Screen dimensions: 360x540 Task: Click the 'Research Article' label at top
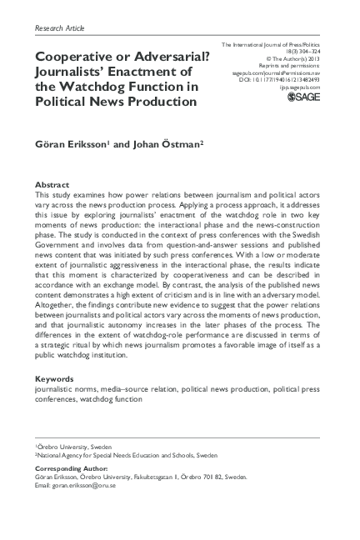click(x=60, y=27)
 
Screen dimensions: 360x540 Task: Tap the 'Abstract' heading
click(x=52, y=183)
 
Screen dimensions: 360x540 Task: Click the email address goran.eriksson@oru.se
click(x=79, y=485)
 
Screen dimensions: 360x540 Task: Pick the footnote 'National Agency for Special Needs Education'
click(x=125, y=457)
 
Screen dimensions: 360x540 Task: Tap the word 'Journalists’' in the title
click(x=73, y=72)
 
